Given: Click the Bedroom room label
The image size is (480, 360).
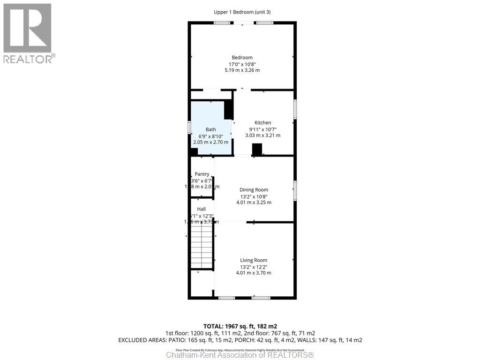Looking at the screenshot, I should click(242, 58).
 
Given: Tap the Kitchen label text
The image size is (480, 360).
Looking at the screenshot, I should click(262, 123).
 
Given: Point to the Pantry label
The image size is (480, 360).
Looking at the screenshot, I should click(202, 174).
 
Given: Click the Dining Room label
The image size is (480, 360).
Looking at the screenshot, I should click(254, 190).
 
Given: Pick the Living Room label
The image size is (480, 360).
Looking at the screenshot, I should click(254, 260).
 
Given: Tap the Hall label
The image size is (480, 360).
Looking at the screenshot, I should click(201, 209).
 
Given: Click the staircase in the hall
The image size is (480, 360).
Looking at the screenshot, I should click(202, 246).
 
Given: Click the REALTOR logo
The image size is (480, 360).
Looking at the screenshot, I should click(28, 33).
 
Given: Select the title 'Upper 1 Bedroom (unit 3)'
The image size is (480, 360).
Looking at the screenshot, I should click(242, 12).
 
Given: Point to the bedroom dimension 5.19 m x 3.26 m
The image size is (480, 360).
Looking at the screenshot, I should click(242, 70).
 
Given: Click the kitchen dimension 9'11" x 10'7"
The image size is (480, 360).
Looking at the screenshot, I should click(262, 129).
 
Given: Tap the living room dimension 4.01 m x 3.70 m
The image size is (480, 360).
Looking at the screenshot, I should click(254, 273).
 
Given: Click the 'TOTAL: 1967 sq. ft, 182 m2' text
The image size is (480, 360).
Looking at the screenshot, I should click(240, 326).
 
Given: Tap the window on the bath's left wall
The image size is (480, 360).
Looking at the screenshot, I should click(189, 127).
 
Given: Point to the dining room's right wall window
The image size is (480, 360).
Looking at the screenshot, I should click(295, 190).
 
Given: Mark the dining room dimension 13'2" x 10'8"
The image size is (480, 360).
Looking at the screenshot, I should click(254, 196).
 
